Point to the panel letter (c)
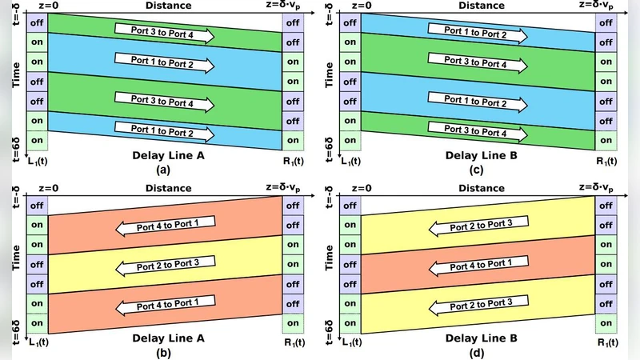[x=481, y=169]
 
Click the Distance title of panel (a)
[x=168, y=6]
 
